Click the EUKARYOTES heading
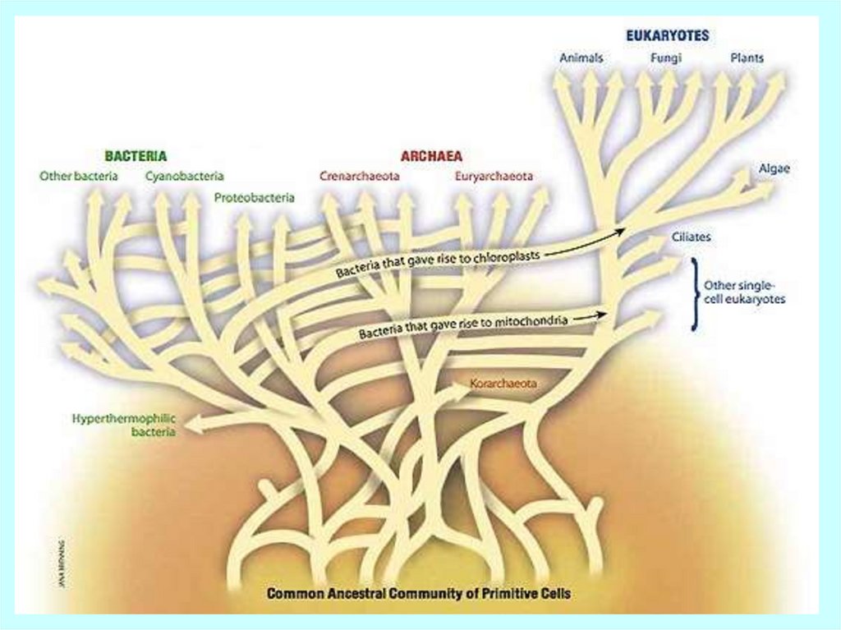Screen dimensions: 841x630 (667, 36)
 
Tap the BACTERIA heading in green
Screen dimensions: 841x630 (136, 154)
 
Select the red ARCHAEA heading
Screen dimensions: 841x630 (431, 155)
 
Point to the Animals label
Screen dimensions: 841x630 (581, 58)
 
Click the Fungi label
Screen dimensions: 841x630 (665, 58)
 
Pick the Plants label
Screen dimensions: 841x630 (747, 58)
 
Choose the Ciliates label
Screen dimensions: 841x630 (691, 237)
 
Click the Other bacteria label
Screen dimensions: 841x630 (79, 176)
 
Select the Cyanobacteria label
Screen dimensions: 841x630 (185, 176)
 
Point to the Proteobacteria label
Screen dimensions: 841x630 (254, 198)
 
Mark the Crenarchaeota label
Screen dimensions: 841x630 (358, 176)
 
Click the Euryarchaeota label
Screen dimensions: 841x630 (493, 176)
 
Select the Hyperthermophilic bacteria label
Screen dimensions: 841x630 (124, 424)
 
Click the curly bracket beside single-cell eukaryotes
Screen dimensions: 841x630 (695, 293)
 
